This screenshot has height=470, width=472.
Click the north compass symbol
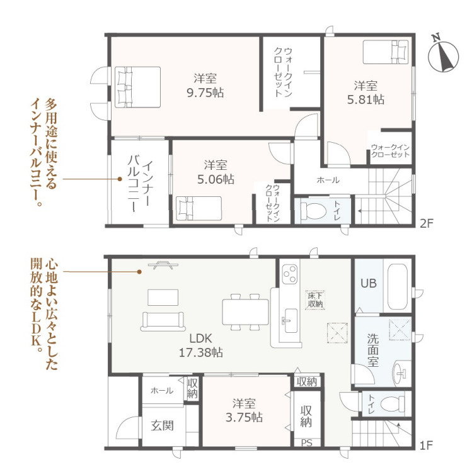coord(443,55)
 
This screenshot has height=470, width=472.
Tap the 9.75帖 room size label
coord(205,93)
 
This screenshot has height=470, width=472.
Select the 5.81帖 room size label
coord(366,99)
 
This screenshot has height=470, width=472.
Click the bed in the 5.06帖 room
coord(199,208)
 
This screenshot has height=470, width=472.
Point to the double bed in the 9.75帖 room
coord(137,87)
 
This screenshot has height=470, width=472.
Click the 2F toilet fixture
coord(313,210)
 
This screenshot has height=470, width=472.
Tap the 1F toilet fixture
coord(393,403)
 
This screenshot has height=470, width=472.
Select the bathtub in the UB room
coord(398,287)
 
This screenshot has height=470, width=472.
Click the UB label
coord(369,283)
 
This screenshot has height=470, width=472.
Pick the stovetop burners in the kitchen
coord(290,274)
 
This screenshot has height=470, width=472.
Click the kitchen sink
coord(291,321)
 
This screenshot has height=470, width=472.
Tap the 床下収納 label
coord(315,300)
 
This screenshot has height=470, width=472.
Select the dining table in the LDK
coord(245,311)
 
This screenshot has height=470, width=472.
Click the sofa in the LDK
coord(163,322)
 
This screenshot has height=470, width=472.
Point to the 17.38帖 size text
coord(201,352)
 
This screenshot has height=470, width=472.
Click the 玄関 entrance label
coord(162,425)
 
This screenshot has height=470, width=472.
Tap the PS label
coord(307,443)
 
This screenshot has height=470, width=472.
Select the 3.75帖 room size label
coord(244,417)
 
